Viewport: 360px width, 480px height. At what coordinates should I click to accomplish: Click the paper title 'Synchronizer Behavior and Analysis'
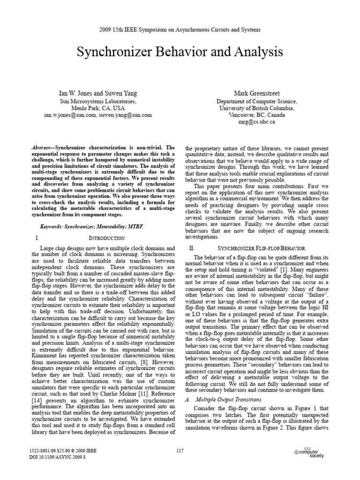tap(180, 52)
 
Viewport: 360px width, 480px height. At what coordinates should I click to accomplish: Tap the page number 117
tap(180, 451)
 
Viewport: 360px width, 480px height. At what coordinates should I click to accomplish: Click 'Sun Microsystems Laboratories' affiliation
tap(98, 101)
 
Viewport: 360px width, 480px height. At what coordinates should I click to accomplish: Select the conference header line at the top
tap(180, 30)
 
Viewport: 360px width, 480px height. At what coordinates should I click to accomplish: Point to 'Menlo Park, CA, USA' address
tap(98, 108)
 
